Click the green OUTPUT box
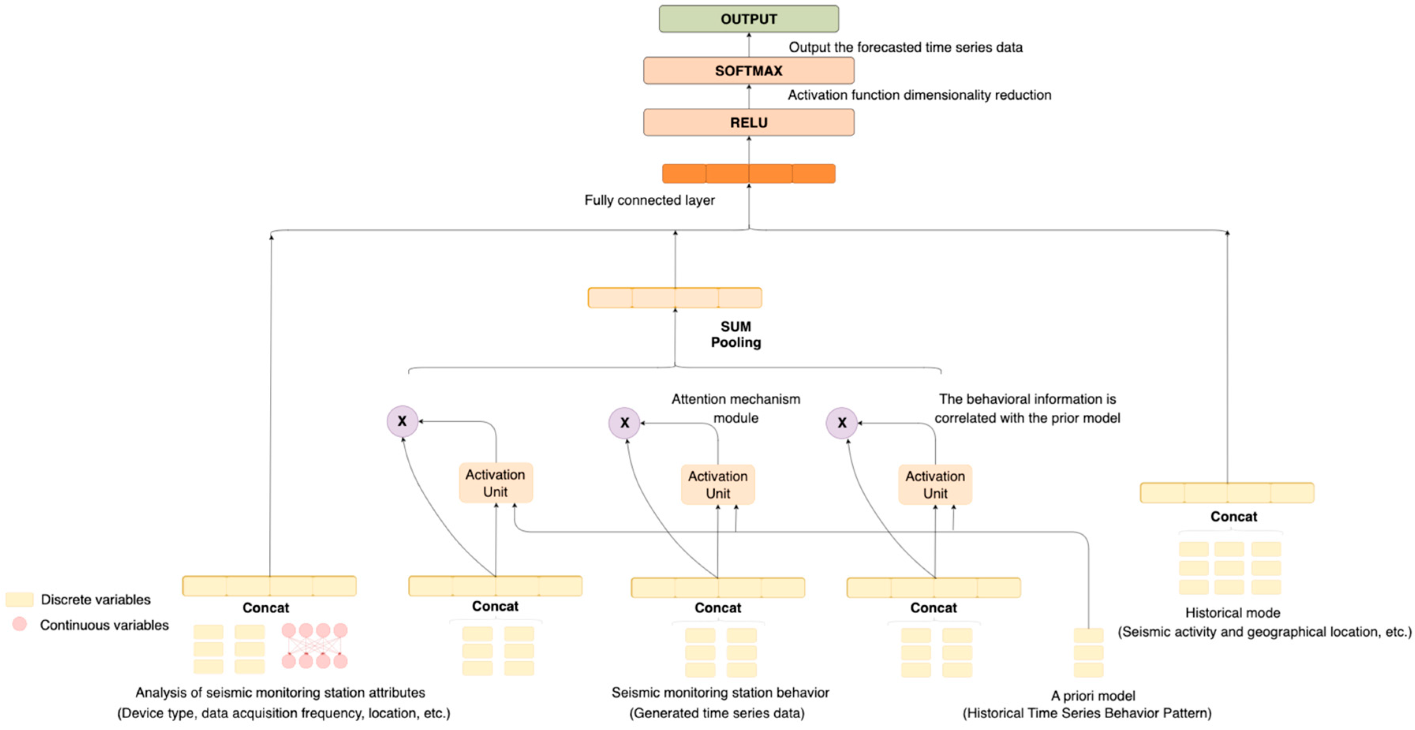coord(748,19)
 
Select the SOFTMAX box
coord(748,71)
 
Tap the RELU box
coord(748,122)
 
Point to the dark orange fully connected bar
coord(748,174)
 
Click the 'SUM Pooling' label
coord(736,335)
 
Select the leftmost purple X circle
coord(402,421)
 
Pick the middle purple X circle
coord(624,423)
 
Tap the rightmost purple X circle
coord(841,423)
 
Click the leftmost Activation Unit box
coord(495,483)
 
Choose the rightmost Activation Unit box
coord(935,485)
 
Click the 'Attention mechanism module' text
coord(736,408)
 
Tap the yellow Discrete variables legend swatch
coord(19,599)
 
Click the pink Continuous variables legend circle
coord(19,624)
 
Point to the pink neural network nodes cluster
coord(314,646)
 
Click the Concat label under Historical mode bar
coord(1233,517)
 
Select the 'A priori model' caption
coord(1093,696)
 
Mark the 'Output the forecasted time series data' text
coord(905,48)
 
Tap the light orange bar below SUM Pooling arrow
coord(675,298)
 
